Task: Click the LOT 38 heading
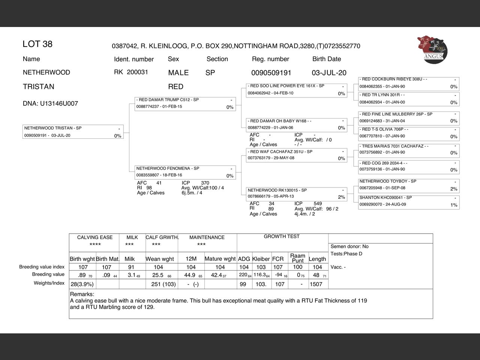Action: pos(37,44)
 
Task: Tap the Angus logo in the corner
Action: pos(432,50)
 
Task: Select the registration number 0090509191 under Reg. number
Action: pos(271,73)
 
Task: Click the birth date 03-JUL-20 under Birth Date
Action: pos(329,73)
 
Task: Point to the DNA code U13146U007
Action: pos(50,103)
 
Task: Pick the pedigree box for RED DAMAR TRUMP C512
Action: pos(185,103)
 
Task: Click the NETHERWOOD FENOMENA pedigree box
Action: pos(185,172)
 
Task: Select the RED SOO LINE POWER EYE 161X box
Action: pos(297,90)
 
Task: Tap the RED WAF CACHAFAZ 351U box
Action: pos(297,155)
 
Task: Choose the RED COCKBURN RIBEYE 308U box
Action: pos(409,83)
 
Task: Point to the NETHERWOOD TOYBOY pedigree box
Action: pos(409,185)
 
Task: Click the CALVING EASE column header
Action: pos(95,237)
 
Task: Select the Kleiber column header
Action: pos(261,259)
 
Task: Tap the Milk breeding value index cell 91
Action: pos(131,267)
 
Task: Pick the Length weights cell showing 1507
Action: pos(316,284)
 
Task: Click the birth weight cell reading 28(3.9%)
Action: pos(82,284)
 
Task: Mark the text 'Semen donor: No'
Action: pos(349,246)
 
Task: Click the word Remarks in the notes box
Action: pos(82,294)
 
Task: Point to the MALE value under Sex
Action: pos(178,73)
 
